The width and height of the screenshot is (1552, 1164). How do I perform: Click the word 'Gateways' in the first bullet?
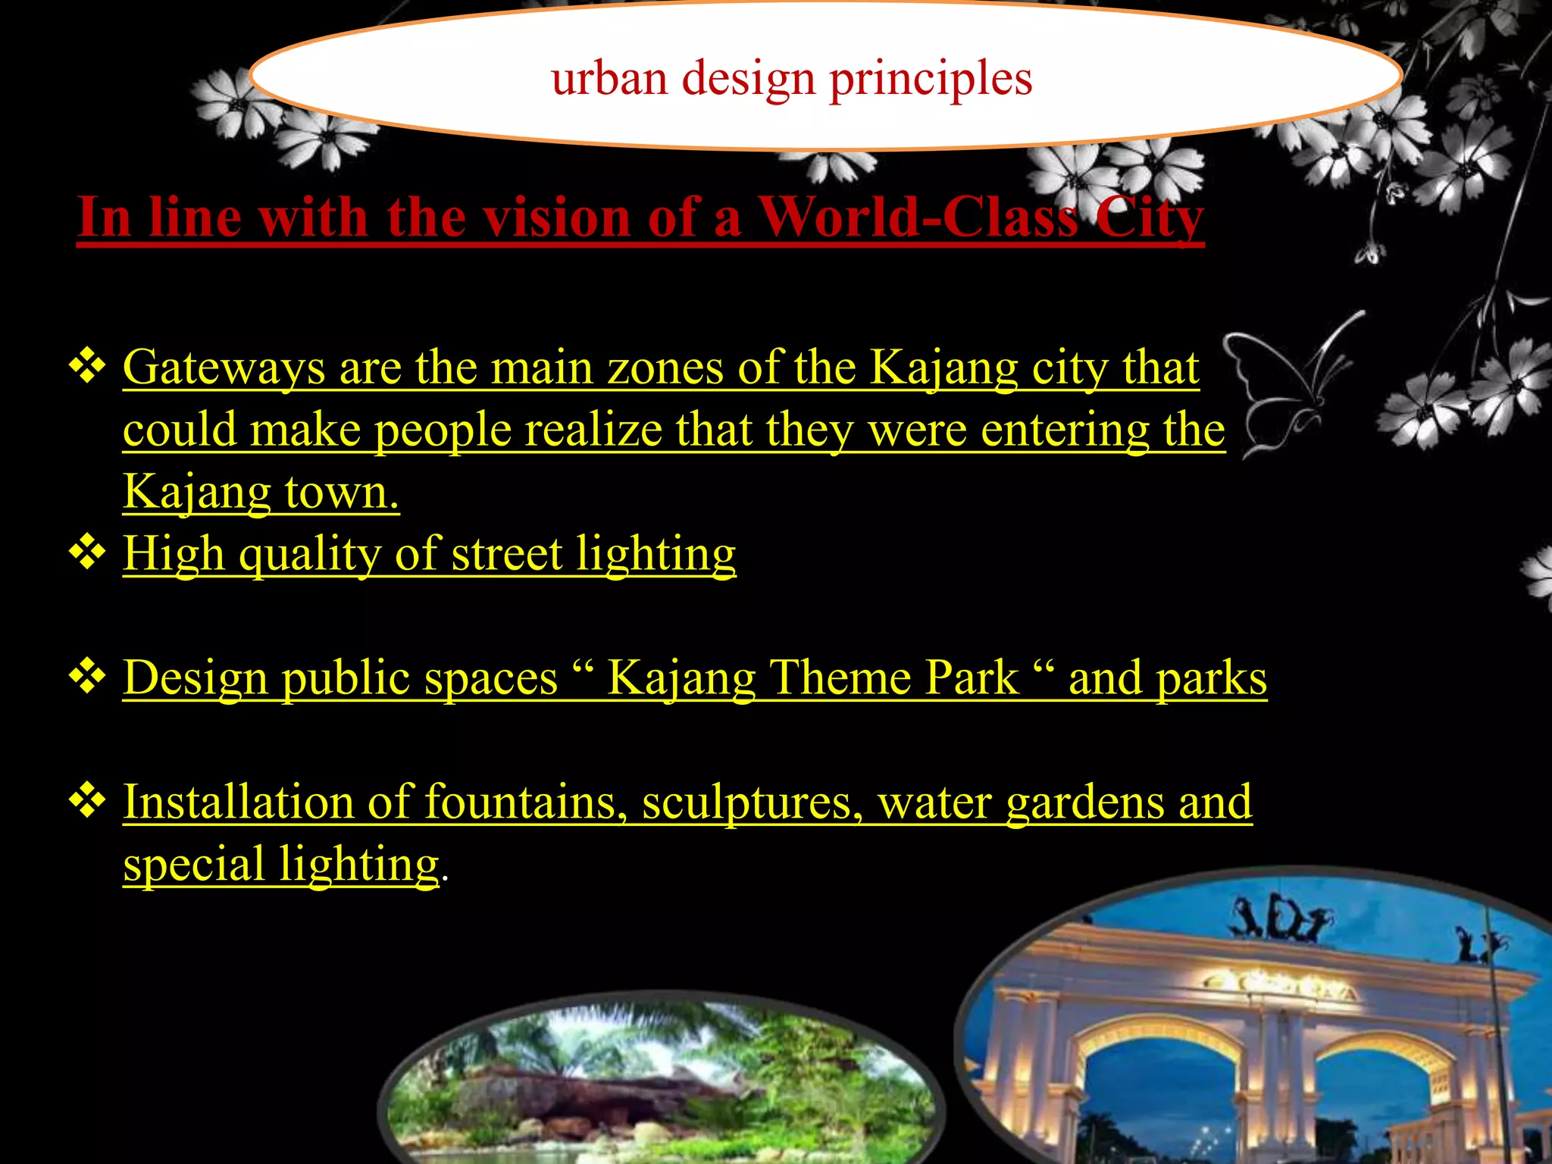pos(224,369)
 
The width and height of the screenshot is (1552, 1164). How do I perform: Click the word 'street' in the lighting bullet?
pos(507,554)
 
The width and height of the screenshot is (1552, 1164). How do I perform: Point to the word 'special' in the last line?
pos(194,865)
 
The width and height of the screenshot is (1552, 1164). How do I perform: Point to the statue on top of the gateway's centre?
pos(1281,921)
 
